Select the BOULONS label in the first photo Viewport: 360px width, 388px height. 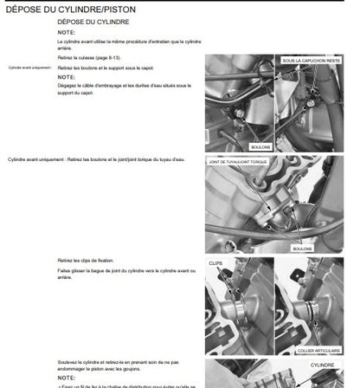[x=260, y=146]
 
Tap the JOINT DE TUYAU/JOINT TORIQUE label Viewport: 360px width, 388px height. [x=243, y=162]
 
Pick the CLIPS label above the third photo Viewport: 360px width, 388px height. [x=215, y=261]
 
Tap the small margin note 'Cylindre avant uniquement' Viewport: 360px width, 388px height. [x=30, y=67]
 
